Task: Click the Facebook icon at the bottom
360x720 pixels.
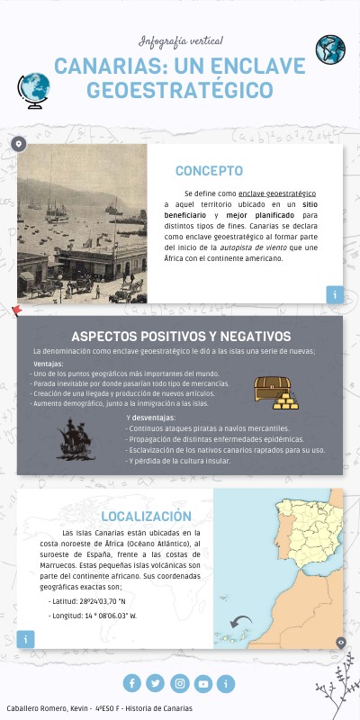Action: tap(132, 684)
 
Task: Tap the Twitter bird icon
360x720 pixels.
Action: tap(156, 684)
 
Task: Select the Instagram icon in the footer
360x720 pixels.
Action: tap(180, 684)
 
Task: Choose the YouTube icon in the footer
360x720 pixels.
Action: tap(203, 684)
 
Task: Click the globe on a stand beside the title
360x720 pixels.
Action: tap(33, 89)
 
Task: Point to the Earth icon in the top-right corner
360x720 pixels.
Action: tap(330, 49)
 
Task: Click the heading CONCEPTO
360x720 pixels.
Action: tap(209, 171)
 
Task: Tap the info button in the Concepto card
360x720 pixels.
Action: tap(335, 294)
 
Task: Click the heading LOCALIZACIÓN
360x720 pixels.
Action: tap(146, 517)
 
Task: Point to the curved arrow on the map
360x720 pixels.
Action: tap(241, 622)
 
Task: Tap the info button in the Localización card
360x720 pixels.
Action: tap(26, 639)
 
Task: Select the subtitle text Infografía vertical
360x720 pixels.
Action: tap(180, 41)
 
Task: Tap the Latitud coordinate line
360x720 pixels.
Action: tap(87, 600)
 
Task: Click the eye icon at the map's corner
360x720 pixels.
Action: tap(340, 642)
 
